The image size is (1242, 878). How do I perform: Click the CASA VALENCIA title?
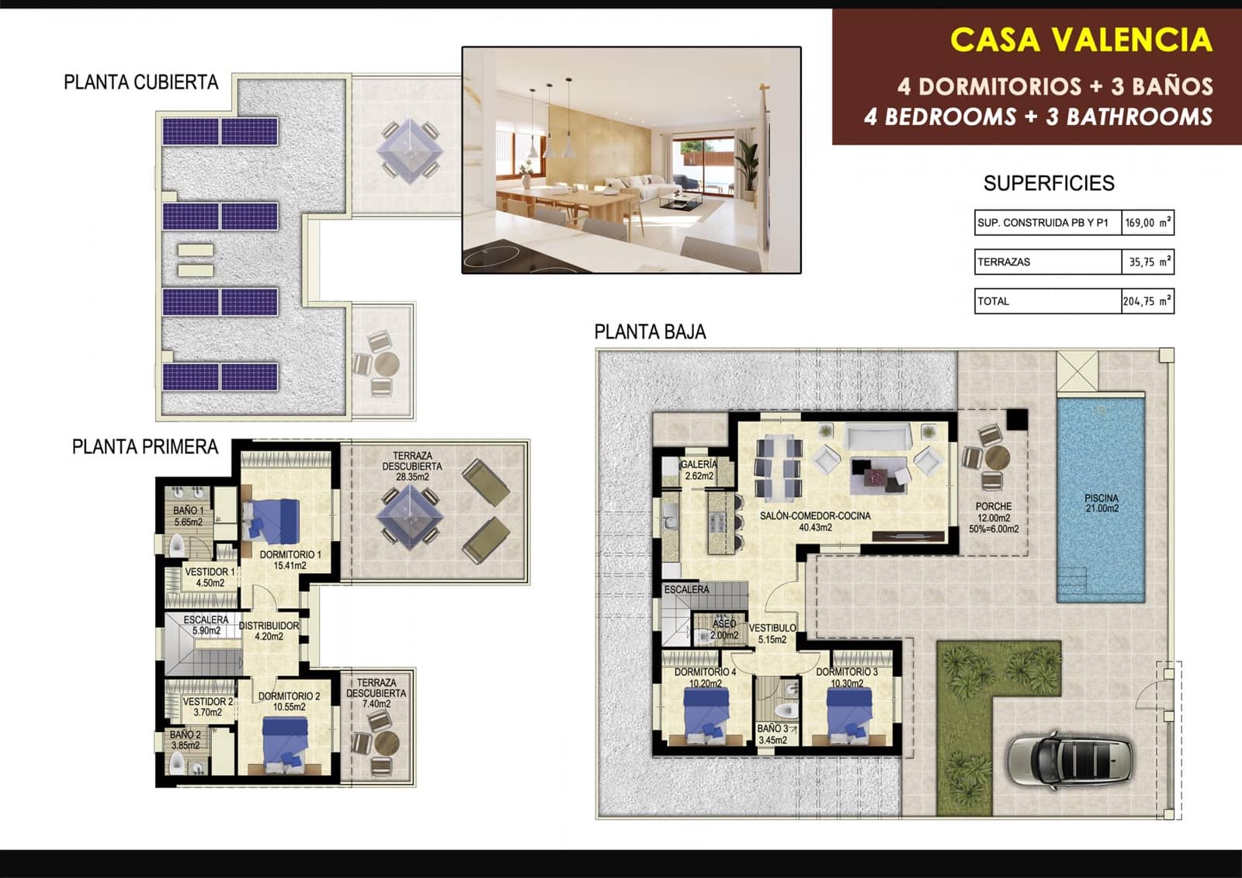pyautogui.click(x=1081, y=40)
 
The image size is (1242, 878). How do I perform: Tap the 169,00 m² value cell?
pyautogui.click(x=1147, y=223)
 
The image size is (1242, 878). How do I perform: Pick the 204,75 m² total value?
pyautogui.click(x=1147, y=301)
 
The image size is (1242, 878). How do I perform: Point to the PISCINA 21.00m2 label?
pyautogui.click(x=1101, y=503)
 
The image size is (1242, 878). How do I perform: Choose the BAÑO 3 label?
pyautogui.click(x=772, y=734)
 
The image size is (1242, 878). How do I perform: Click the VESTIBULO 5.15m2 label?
pyautogui.click(x=772, y=633)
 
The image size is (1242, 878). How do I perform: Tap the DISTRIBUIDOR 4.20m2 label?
pyautogui.click(x=269, y=630)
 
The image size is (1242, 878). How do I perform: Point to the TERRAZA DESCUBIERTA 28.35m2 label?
pyautogui.click(x=412, y=467)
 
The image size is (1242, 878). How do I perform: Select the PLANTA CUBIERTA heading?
pyautogui.click(x=141, y=82)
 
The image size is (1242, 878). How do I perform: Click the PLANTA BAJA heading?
pyautogui.click(x=650, y=332)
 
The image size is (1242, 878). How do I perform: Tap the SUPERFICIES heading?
pyautogui.click(x=1048, y=183)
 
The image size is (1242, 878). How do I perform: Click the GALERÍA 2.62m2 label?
pyautogui.click(x=699, y=470)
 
